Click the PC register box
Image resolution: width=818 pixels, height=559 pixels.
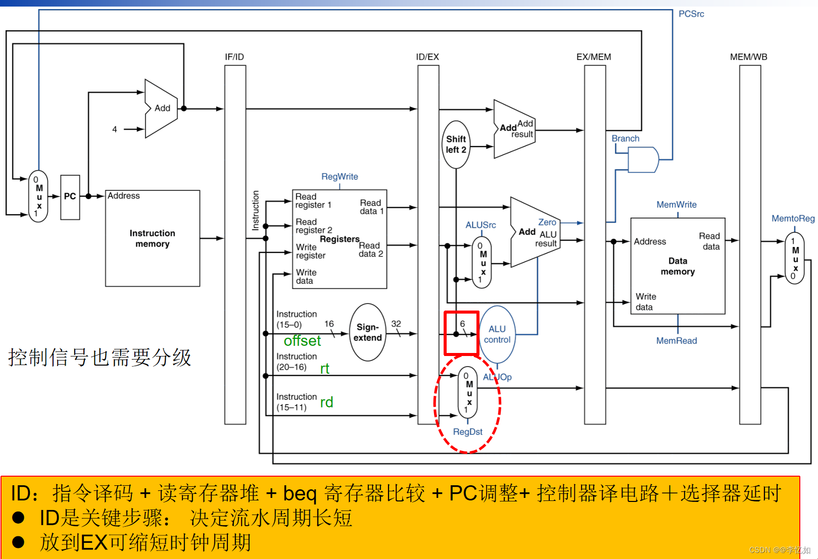pyautogui.click(x=70, y=197)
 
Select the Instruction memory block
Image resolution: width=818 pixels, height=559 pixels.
pyautogui.click(x=152, y=238)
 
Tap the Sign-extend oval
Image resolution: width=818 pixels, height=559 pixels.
pyautogui.click(x=367, y=332)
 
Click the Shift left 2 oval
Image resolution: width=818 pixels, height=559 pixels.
pyautogui.click(x=456, y=144)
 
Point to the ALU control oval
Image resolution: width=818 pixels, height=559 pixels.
pyautogui.click(x=497, y=334)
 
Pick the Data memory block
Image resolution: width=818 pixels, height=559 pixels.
pyautogui.click(x=678, y=266)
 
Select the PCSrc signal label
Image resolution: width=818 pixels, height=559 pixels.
pyautogui.click(x=691, y=14)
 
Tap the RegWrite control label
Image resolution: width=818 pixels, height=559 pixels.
pyautogui.click(x=340, y=177)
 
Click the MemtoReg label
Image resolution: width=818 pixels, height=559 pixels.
pyautogui.click(x=793, y=219)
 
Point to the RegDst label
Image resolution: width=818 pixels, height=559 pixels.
pyautogui.click(x=467, y=432)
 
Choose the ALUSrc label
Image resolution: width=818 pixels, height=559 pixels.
pyautogui.click(x=480, y=225)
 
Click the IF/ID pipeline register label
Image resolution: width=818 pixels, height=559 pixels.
pyautogui.click(x=234, y=57)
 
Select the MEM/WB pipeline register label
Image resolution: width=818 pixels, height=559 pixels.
pyautogui.click(x=748, y=57)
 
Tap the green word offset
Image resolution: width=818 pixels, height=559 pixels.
pyautogui.click(x=302, y=341)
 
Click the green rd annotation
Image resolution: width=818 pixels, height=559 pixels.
pyautogui.click(x=326, y=402)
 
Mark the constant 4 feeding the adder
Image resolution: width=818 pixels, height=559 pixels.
pyautogui.click(x=115, y=129)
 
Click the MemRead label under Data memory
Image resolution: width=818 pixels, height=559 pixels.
pyautogui.click(x=676, y=341)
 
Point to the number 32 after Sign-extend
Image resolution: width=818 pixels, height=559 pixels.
pyautogui.click(x=396, y=324)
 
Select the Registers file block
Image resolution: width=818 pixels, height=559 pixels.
pyautogui.click(x=340, y=239)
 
